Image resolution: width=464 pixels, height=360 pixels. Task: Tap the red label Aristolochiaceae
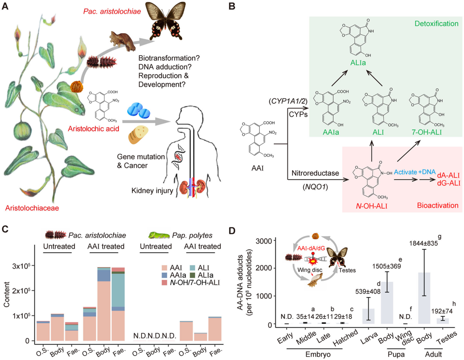(x=32, y=208)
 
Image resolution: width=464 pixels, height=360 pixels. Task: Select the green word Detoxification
(x=436, y=24)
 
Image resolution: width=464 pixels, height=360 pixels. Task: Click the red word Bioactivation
(x=438, y=205)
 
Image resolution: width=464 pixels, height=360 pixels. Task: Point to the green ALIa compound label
(x=358, y=63)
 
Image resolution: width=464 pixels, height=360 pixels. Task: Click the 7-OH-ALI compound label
(x=427, y=132)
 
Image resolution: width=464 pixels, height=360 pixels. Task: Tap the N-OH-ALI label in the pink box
(x=371, y=206)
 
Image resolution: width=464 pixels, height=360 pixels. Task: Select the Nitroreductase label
(x=315, y=173)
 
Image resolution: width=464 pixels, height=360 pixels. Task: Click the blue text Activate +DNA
(x=415, y=172)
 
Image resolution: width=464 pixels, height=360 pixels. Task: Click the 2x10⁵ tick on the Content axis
(x=20, y=291)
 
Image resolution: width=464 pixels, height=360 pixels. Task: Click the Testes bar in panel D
(x=443, y=320)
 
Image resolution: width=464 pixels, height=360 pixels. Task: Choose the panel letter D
(x=232, y=231)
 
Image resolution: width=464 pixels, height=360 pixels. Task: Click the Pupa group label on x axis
(x=396, y=354)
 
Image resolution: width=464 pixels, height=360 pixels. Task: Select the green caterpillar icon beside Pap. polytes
(x=159, y=235)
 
